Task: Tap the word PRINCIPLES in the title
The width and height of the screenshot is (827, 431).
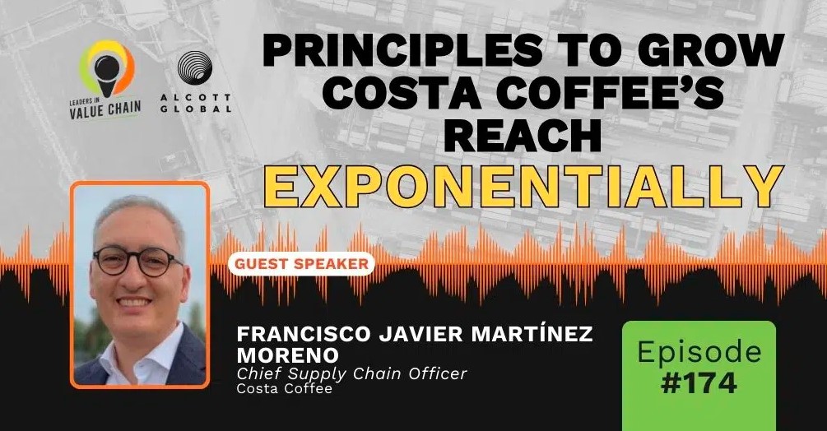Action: [x=402, y=50]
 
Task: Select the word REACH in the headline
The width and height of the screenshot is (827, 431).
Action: [x=523, y=134]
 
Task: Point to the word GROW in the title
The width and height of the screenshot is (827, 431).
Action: [x=711, y=50]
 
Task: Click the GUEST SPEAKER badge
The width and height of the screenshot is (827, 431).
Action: [x=301, y=263]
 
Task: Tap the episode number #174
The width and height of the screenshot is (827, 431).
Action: [x=699, y=383]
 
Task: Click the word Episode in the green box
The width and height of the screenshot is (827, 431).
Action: [x=699, y=352]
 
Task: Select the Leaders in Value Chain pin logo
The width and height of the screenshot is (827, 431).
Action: [x=106, y=69]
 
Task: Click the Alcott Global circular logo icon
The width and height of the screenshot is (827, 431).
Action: [x=195, y=68]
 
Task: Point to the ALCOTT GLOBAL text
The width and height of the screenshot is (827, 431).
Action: [x=196, y=104]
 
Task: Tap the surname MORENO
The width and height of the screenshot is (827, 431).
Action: [x=287, y=355]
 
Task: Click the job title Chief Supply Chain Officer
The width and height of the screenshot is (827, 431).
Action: [x=352, y=373]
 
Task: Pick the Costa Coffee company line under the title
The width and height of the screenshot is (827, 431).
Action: [x=284, y=389]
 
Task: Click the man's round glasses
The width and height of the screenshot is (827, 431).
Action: [x=137, y=261]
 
